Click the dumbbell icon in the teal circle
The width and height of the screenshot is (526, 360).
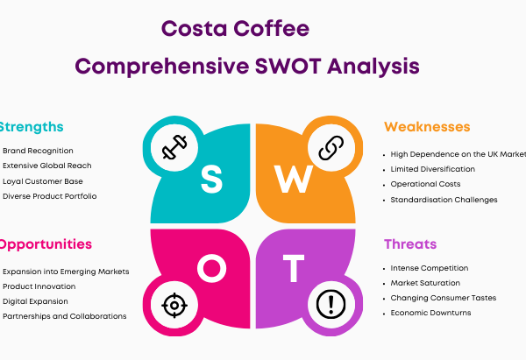pos(174,147)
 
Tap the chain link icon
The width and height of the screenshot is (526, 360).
pos(331,148)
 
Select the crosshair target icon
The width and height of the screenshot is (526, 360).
pos(174,305)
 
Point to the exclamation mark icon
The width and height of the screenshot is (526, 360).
pos(331,304)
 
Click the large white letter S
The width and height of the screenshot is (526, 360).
pos(211,180)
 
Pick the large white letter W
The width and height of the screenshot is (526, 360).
pos(294,180)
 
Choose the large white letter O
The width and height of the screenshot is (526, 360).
pos(211,268)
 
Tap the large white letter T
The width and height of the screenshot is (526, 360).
pos(294,268)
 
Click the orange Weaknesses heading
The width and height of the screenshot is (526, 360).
pos(427,127)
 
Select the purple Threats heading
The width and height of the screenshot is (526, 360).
pos(410,244)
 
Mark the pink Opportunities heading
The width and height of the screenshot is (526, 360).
pos(46,244)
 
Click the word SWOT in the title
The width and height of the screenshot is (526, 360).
pos(288,66)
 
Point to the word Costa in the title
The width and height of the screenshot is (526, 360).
pos(195,29)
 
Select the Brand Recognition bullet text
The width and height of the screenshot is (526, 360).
pos(38,151)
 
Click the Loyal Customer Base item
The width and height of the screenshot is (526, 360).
pos(43,181)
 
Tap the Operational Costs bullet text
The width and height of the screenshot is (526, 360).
pos(425,184)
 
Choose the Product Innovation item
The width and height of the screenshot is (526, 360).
pos(39,286)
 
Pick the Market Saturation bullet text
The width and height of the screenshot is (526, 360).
pos(425,283)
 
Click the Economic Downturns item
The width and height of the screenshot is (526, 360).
pos(430,313)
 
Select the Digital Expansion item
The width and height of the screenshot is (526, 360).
pos(35,301)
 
